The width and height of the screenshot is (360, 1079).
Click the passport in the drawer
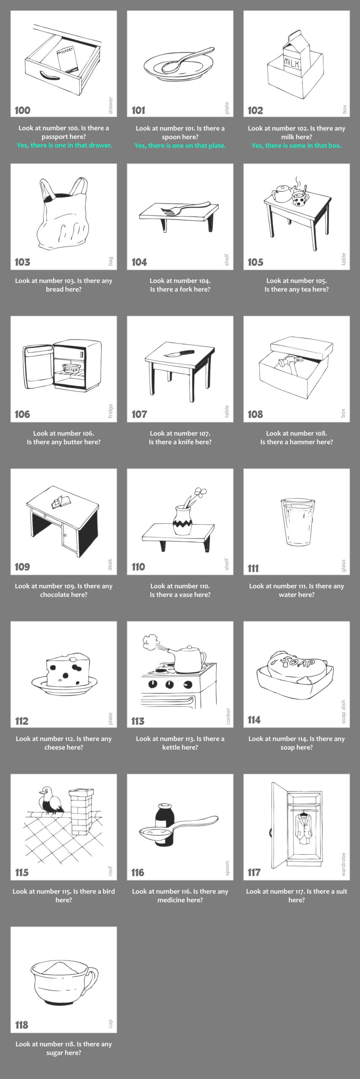pos(67,59)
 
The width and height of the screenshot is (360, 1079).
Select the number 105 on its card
pos(255,262)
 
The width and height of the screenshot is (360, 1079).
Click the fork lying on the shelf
pos(185,208)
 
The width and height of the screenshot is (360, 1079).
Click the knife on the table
pos(179,353)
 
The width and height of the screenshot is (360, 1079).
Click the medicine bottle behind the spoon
pos(164,824)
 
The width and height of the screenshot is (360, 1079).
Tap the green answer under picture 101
pos(180,145)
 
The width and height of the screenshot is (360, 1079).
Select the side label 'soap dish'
pos(344,711)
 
